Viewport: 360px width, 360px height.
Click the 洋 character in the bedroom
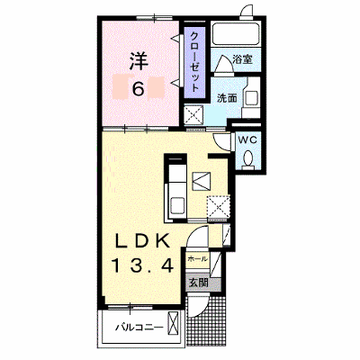(139, 61)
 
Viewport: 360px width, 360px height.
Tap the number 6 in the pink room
(139, 88)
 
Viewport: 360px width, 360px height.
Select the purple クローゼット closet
(194, 62)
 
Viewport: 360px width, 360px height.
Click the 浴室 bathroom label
(242, 59)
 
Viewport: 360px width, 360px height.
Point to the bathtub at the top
(234, 33)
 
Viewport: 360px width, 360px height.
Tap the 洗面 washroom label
(227, 98)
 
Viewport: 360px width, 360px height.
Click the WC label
(247, 139)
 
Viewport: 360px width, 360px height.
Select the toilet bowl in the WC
(248, 159)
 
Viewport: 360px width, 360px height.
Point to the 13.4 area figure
(143, 265)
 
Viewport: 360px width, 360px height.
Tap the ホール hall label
(197, 259)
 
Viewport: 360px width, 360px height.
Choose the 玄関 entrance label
(198, 283)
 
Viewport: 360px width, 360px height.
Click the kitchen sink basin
(177, 205)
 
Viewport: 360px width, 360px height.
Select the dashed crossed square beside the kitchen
(219, 206)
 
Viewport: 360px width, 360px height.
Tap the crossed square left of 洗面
(193, 114)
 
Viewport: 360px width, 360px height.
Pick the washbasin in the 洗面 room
(251, 97)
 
